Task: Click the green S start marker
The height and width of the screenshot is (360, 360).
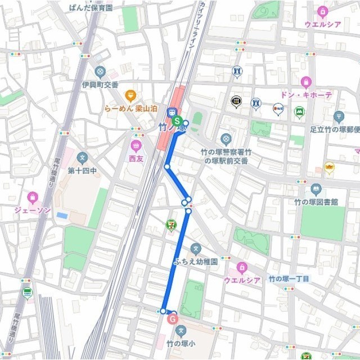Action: click(177, 121)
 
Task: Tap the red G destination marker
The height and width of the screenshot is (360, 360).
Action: click(173, 319)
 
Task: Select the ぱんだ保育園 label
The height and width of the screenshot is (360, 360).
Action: click(91, 8)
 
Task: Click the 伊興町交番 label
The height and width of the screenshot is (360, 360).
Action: click(100, 84)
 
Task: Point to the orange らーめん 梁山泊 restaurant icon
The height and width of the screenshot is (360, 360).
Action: click(130, 95)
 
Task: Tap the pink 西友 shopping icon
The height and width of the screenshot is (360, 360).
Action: click(136, 146)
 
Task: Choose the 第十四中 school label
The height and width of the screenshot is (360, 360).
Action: click(83, 170)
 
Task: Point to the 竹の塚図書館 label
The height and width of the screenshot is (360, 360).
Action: click(316, 201)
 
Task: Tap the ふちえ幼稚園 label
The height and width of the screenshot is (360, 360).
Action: click(195, 262)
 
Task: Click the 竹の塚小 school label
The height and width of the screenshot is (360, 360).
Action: click(180, 343)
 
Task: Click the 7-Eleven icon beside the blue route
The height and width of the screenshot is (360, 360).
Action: click(170, 224)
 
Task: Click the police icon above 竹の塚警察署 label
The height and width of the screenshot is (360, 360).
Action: click(226, 138)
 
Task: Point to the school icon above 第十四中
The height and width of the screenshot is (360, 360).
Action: click(83, 157)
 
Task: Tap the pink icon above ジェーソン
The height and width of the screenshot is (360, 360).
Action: click(33, 197)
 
